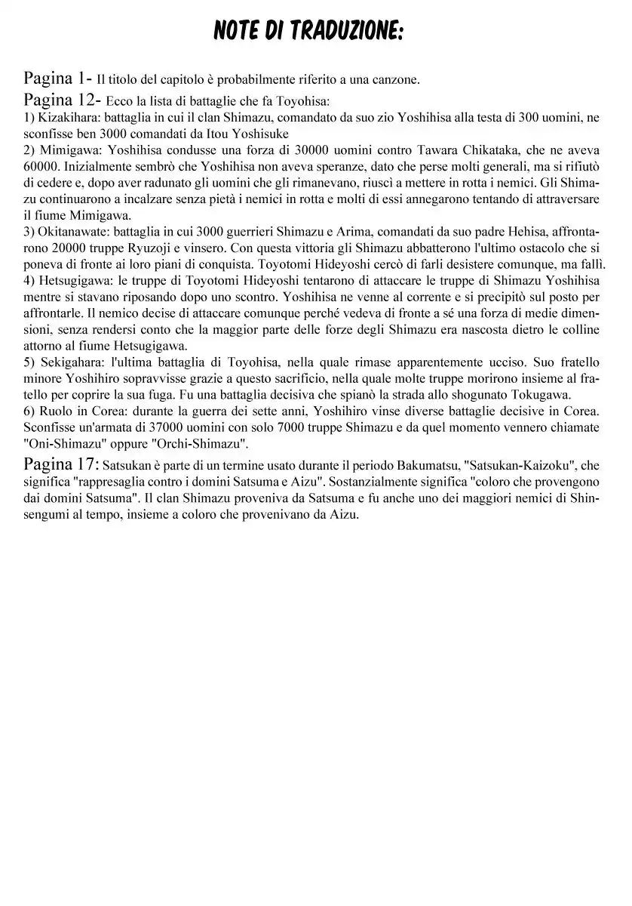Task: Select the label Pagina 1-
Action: pyautogui.click(x=58, y=79)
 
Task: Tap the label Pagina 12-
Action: pyautogui.click(x=63, y=99)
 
